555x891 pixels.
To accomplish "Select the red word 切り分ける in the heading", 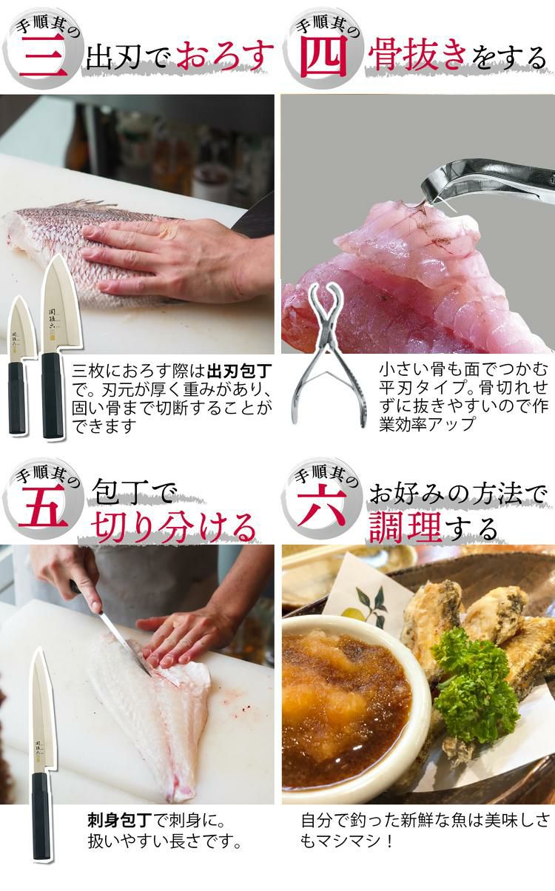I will [x=174, y=526].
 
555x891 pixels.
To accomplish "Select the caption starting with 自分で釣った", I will [x=425, y=831].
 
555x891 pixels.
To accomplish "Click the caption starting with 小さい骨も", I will [x=463, y=396].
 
